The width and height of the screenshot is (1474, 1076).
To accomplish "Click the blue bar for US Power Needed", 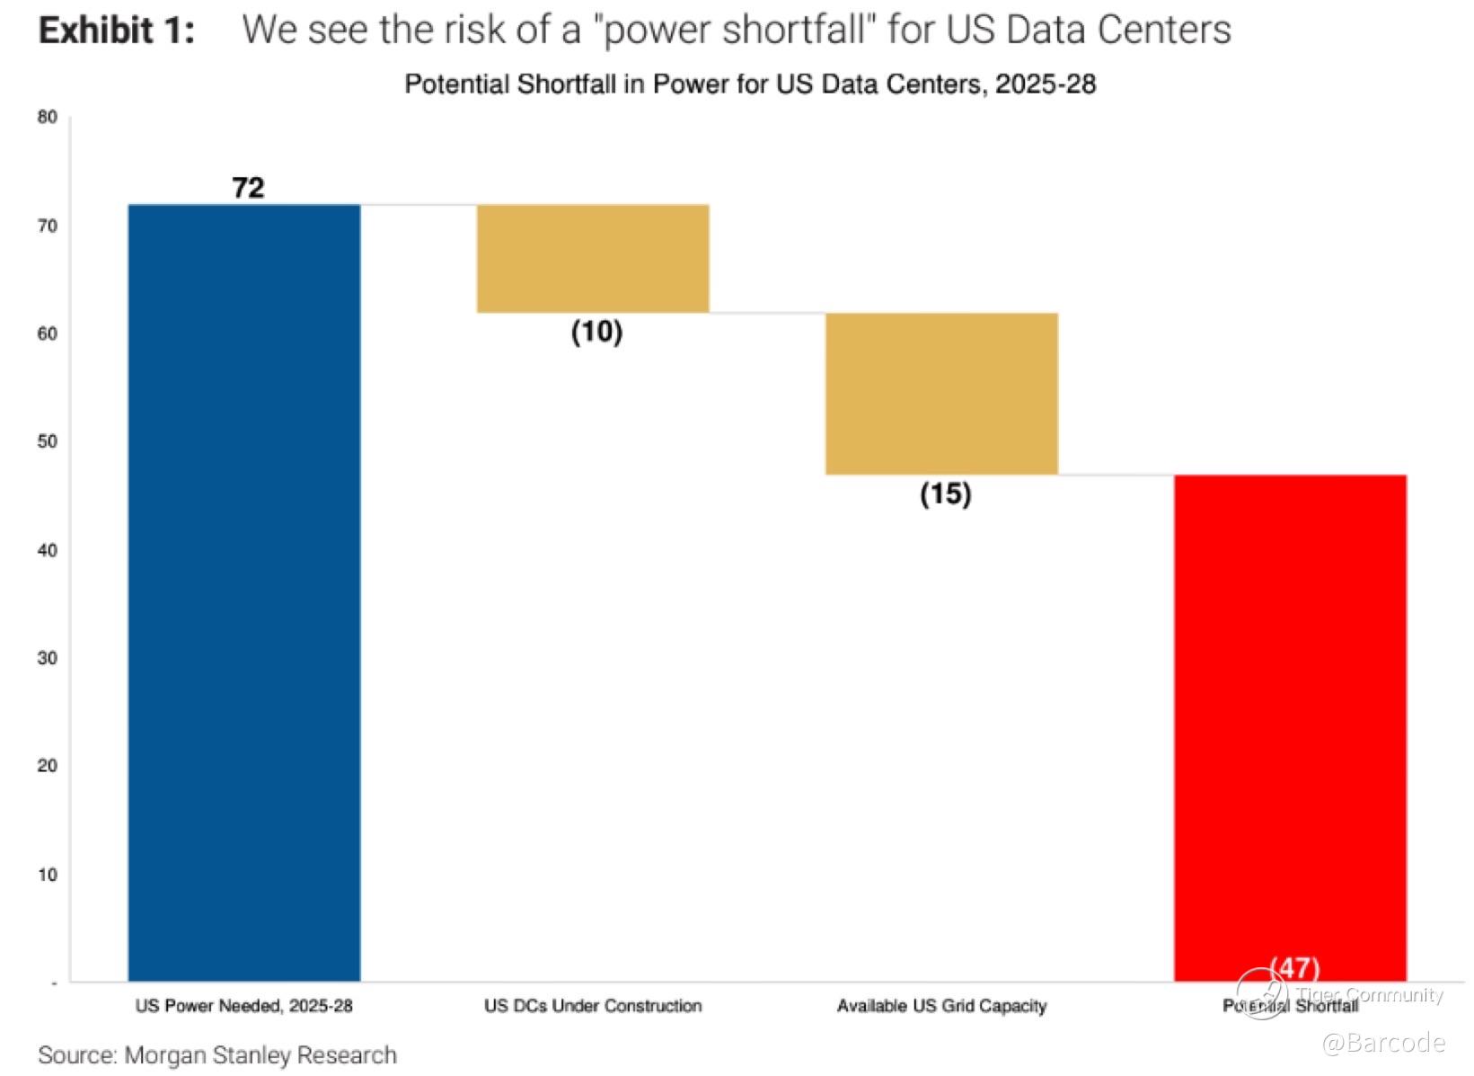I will pyautogui.click(x=244, y=593).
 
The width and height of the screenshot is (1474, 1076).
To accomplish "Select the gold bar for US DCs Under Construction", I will pyautogui.click(x=593, y=259).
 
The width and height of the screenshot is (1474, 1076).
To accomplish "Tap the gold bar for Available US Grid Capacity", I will pyautogui.click(x=941, y=394).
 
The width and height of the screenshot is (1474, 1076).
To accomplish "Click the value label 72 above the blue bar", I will pyautogui.click(x=248, y=187).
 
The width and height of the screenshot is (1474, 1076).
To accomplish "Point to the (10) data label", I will pyautogui.click(x=596, y=332).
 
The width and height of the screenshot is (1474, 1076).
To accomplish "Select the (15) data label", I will pyautogui.click(x=945, y=494).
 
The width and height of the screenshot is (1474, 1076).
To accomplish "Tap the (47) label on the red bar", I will pyautogui.click(x=1294, y=968).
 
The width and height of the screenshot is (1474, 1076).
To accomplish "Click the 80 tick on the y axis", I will pyautogui.click(x=48, y=117).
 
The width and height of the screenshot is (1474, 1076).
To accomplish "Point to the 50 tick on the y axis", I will pyautogui.click(x=48, y=441).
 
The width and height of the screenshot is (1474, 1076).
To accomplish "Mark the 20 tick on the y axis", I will pyautogui.click(x=48, y=766).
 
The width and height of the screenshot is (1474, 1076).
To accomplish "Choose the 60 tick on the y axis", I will pyautogui.click(x=48, y=333).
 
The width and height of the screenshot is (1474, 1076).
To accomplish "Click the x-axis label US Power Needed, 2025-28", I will pyautogui.click(x=244, y=1006).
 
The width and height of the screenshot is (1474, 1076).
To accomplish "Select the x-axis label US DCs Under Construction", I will pyautogui.click(x=593, y=1006).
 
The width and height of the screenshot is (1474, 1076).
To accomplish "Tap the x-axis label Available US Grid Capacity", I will pyautogui.click(x=941, y=1006).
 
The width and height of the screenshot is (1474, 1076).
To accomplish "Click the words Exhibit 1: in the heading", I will pyautogui.click(x=117, y=31).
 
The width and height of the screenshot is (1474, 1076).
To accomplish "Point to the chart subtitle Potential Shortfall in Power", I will pyautogui.click(x=750, y=84).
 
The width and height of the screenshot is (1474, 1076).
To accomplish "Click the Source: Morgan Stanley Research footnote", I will pyautogui.click(x=217, y=1054).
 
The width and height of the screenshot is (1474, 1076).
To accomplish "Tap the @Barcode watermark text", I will pyautogui.click(x=1383, y=1043).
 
